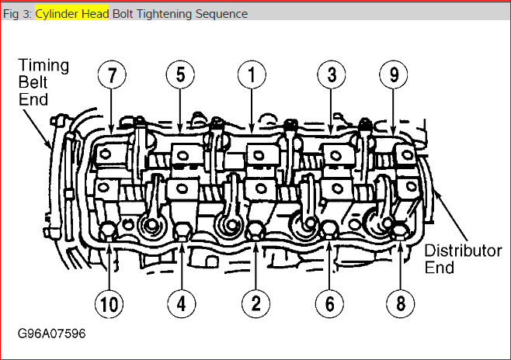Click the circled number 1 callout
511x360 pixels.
(x=252, y=75)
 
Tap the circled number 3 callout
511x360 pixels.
(x=332, y=75)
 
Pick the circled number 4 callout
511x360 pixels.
(x=181, y=304)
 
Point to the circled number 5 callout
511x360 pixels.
(x=180, y=75)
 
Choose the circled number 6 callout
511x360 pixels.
(x=329, y=304)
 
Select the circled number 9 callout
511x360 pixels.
(x=394, y=75)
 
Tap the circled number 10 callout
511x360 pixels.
(x=109, y=304)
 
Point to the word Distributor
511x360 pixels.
(x=463, y=251)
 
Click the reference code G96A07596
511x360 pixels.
(x=51, y=334)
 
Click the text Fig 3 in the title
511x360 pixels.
(x=16, y=14)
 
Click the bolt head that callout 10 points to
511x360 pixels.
(x=108, y=231)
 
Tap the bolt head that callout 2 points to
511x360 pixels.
(x=255, y=231)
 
